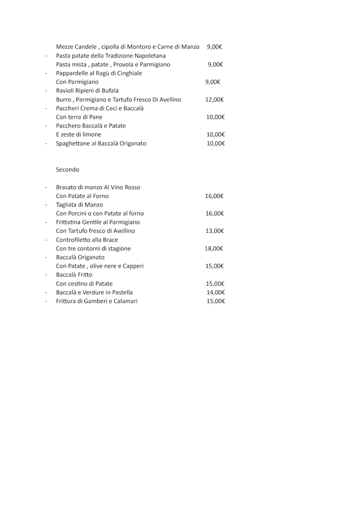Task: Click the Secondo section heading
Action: point(67,169)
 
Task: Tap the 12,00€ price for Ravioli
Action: point(215,100)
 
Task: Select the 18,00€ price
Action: point(215,249)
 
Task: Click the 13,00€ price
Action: point(215,231)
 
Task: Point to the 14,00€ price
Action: point(215,292)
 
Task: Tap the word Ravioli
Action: point(66,91)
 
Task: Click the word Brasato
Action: point(67,187)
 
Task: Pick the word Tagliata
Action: point(67,205)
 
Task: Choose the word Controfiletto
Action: point(74,240)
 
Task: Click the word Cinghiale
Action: point(129,73)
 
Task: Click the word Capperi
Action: point(132,266)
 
